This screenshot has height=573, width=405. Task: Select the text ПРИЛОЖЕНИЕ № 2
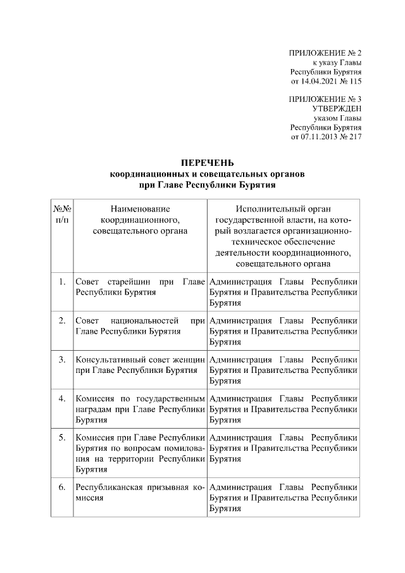pyautogui.click(x=325, y=53)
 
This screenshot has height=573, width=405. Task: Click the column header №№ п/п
pyautogui.click(x=62, y=213)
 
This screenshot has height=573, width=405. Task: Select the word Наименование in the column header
pyautogui.click(x=140, y=208)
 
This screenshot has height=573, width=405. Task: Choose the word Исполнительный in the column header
pyautogui.click(x=283, y=208)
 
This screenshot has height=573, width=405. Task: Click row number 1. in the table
pyautogui.click(x=62, y=282)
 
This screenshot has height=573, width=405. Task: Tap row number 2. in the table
pyautogui.click(x=62, y=320)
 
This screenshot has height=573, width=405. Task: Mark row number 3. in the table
pyautogui.click(x=62, y=360)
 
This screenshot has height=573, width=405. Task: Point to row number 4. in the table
pyautogui.click(x=62, y=398)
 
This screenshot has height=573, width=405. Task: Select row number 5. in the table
pyautogui.click(x=62, y=437)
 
